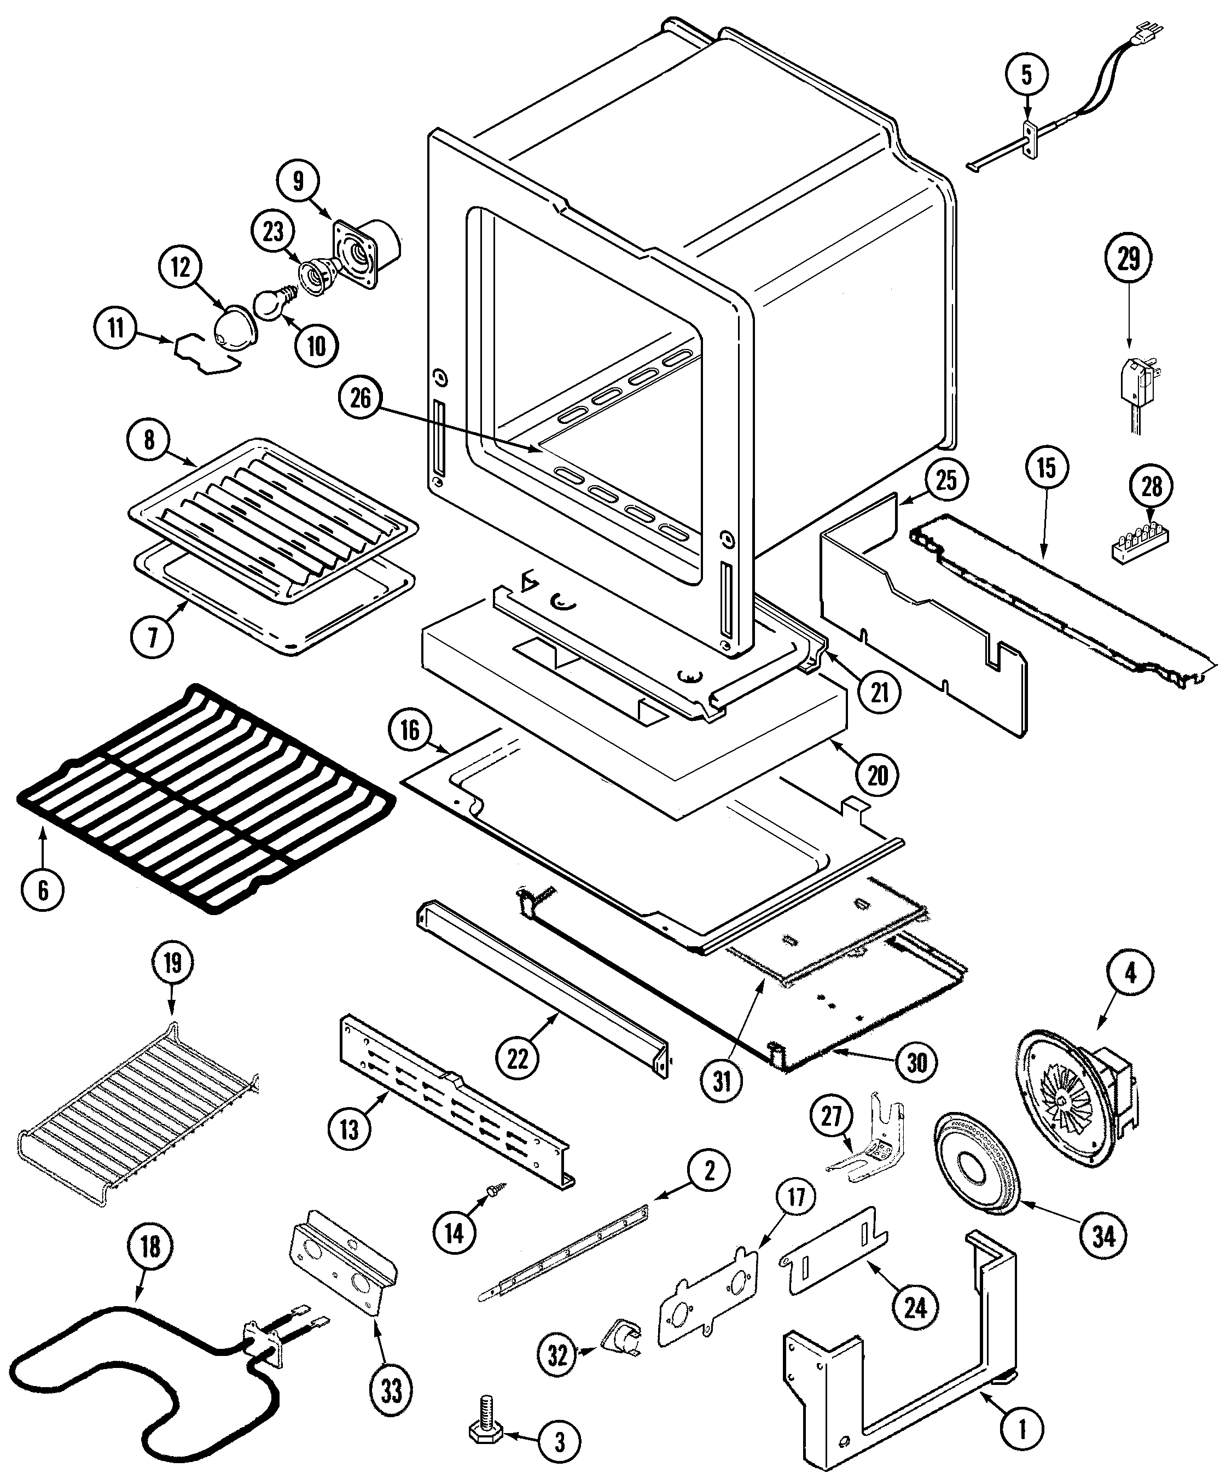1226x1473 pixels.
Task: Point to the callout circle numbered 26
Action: (361, 398)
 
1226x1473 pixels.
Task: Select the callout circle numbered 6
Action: (43, 889)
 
